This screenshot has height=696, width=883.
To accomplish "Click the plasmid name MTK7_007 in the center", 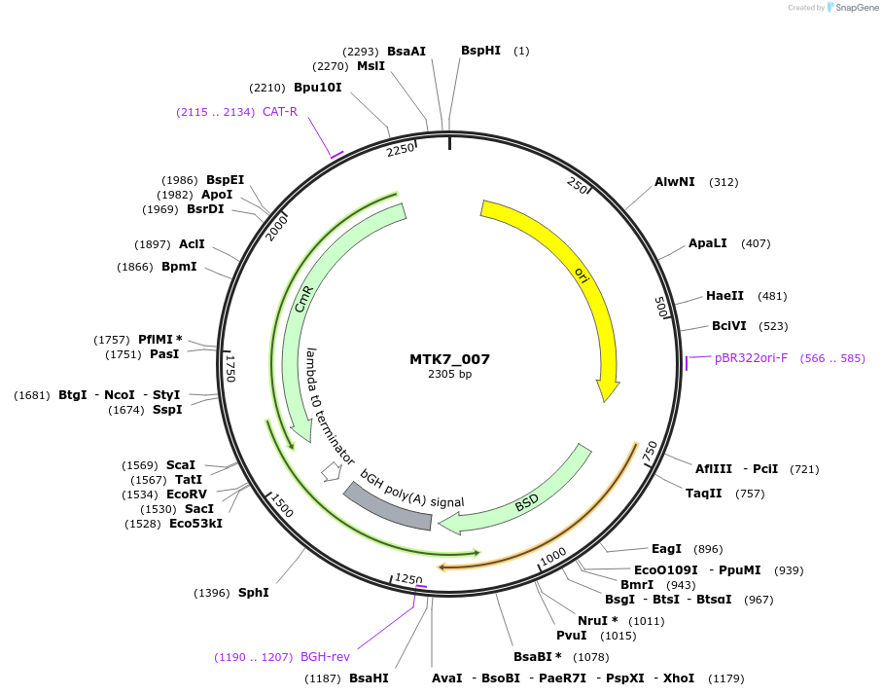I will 449,359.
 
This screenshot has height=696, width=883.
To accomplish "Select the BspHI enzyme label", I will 480,50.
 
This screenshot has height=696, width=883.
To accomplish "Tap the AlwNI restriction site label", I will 675,182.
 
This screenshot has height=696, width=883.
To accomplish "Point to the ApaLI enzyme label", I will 707,242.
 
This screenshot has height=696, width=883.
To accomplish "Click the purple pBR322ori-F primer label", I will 752,358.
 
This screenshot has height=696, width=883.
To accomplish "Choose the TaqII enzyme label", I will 704,494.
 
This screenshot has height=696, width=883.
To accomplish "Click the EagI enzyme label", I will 666,549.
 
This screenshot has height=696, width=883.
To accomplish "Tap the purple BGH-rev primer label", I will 325,657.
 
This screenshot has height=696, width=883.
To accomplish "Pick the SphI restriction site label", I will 253,592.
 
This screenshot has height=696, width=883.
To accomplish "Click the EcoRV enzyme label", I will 187,495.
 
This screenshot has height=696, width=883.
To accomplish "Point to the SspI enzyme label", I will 167,410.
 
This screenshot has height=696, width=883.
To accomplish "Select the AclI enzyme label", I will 192,244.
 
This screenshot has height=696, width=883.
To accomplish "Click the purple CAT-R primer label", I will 279,112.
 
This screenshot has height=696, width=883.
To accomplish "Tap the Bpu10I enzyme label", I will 318,88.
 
